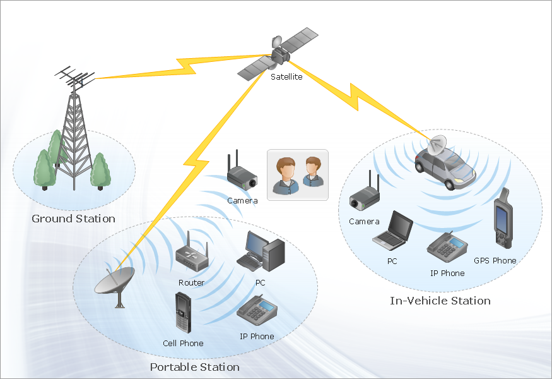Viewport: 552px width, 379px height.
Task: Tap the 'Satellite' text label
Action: point(286,77)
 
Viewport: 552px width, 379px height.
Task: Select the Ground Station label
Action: point(74,219)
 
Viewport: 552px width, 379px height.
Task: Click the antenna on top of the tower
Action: point(76,80)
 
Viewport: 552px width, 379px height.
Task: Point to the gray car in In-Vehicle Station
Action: point(445,167)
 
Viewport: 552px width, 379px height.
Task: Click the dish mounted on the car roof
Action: point(435,145)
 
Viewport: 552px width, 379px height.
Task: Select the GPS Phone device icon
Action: point(502,219)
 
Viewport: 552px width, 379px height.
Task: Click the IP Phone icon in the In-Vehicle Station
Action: point(447,247)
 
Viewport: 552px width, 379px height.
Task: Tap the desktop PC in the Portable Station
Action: point(261,251)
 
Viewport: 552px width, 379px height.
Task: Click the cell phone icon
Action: point(184,313)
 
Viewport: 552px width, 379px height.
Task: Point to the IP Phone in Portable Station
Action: point(257,310)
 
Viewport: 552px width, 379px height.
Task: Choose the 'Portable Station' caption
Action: point(194,367)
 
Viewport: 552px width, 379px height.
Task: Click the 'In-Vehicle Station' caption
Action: point(440,301)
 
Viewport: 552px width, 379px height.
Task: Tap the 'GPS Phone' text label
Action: point(495,260)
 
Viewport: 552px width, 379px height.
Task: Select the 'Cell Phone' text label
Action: point(183,343)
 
